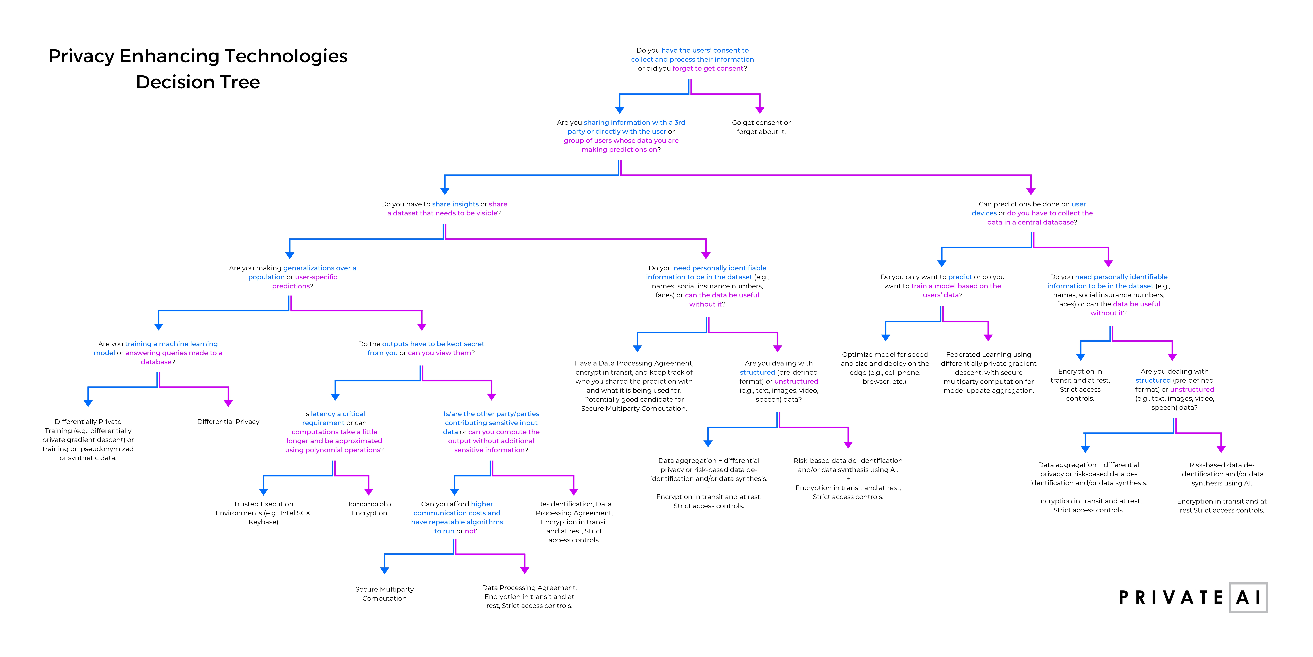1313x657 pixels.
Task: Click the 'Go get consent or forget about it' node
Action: (x=761, y=127)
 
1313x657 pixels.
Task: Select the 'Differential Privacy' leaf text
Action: (x=228, y=422)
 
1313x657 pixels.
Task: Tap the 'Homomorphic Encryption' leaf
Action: (x=369, y=509)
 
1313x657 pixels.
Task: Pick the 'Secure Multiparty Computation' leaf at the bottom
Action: (x=384, y=594)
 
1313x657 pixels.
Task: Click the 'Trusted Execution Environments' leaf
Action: (x=264, y=513)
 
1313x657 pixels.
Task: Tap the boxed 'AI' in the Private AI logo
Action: (x=1248, y=597)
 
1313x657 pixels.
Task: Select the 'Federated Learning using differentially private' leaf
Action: (x=988, y=372)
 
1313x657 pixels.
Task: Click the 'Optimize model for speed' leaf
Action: (x=885, y=368)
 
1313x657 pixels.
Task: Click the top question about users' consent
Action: (x=692, y=59)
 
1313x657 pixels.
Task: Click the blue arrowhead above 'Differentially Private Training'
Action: (x=88, y=403)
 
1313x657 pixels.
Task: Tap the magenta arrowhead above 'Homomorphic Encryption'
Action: (x=368, y=492)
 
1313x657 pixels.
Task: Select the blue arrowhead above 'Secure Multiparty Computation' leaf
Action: (x=384, y=570)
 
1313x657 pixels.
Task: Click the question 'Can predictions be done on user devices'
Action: (x=1032, y=213)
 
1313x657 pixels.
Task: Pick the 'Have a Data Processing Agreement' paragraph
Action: (x=634, y=386)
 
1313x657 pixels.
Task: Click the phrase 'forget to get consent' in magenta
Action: (x=708, y=68)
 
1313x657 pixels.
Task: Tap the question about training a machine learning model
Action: (x=158, y=353)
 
